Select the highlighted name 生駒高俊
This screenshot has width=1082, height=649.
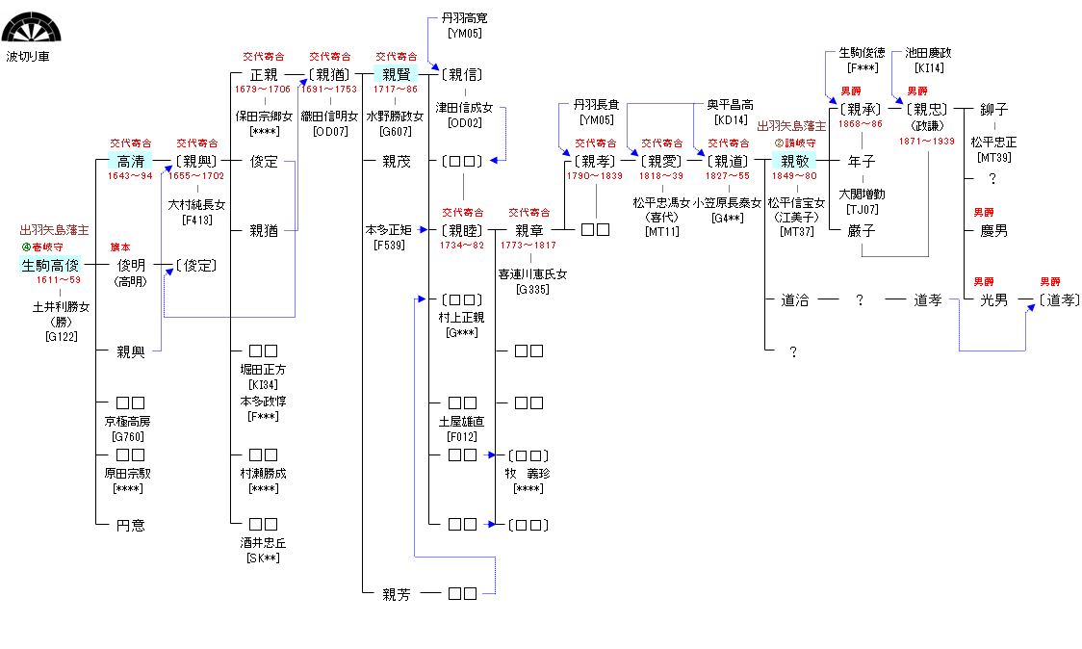click(50, 265)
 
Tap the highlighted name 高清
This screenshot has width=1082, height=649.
click(130, 161)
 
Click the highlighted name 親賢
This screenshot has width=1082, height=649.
click(397, 74)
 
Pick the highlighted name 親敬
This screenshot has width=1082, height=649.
click(795, 161)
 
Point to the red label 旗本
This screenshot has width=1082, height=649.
click(120, 247)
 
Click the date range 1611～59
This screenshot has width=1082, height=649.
click(59, 280)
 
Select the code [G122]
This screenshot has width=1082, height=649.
click(61, 336)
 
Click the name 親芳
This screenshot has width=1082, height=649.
click(396, 595)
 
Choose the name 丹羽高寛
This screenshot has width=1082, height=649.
click(464, 18)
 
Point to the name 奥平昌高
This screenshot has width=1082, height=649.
click(730, 104)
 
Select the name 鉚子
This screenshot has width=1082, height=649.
click(993, 109)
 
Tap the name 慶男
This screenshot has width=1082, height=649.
click(993, 230)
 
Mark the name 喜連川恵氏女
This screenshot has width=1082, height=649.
click(532, 274)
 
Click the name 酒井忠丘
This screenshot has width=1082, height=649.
click(263, 543)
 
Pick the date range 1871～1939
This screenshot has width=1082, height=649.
click(927, 141)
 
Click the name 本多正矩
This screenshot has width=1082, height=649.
click(388, 230)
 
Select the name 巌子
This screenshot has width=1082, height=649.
click(862, 230)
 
